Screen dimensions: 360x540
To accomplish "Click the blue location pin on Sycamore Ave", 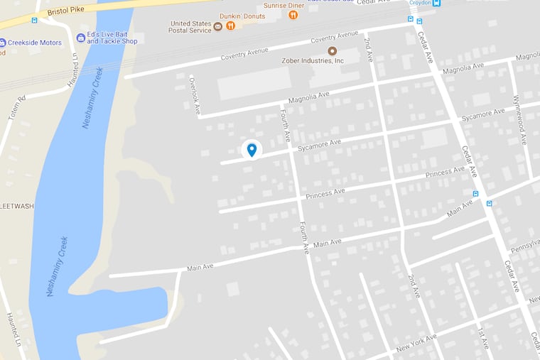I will [x=252, y=149].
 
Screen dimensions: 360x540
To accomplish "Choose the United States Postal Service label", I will [x=190, y=26].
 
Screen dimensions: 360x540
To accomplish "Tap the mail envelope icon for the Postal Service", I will [x=218, y=26].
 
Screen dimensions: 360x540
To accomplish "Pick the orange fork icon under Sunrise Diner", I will [x=293, y=15].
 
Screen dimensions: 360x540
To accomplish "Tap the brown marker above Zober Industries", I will [x=332, y=50].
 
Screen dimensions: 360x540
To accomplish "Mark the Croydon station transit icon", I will [x=436, y=3].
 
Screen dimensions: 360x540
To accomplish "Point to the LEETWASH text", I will [x=17, y=206].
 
